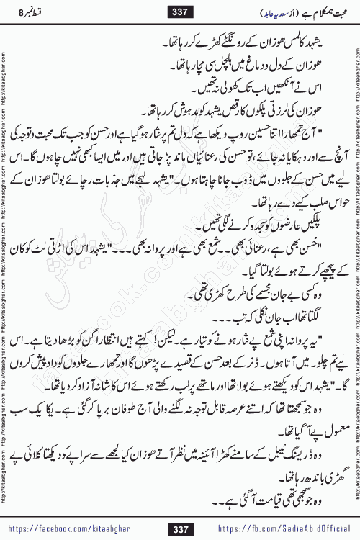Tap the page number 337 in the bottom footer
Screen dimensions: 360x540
(x=180, y=530)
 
